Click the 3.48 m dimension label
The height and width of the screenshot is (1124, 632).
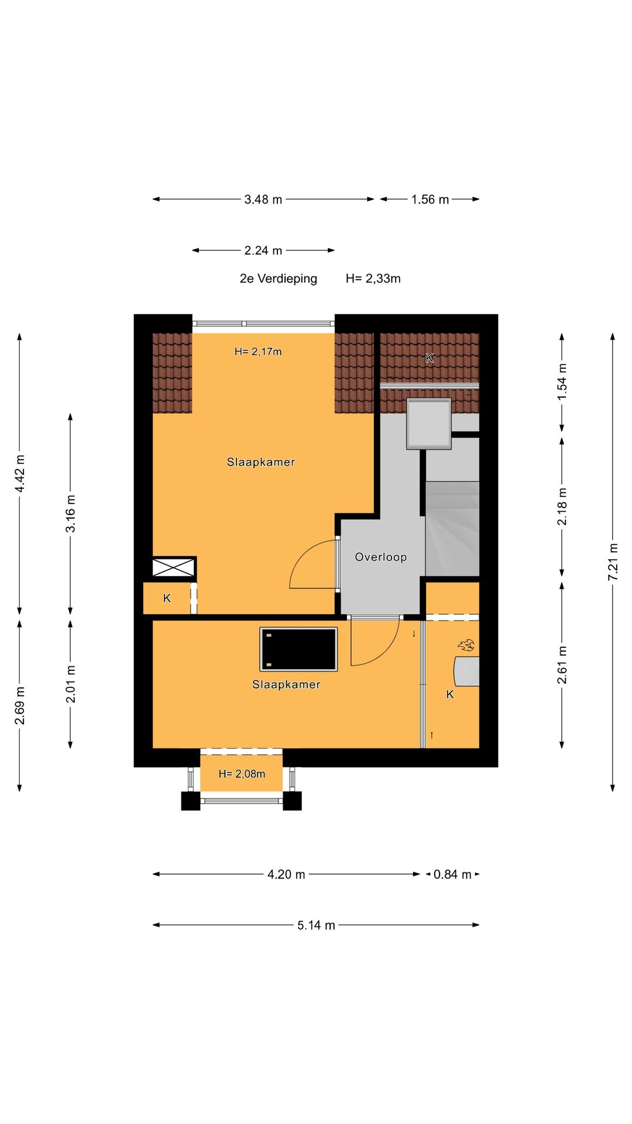pos(263,200)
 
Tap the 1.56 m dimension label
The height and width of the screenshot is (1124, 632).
pos(430,200)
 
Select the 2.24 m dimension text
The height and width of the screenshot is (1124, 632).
pos(263,251)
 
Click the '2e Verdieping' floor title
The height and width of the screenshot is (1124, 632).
pos(279,279)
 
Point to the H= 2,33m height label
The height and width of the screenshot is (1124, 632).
pos(373,279)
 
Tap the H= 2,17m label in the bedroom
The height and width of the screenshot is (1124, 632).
pos(258,352)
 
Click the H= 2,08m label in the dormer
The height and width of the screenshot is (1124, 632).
pos(242,774)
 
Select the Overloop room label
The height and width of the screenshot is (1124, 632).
pos(381,557)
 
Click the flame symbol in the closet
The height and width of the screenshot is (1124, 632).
pos(466,645)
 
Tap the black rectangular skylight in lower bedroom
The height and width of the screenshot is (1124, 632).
pos(299,649)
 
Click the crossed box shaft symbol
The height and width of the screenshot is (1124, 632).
pos(173,567)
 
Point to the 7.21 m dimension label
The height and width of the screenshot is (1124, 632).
pos(613,563)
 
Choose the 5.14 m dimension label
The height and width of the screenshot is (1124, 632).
pos(316,926)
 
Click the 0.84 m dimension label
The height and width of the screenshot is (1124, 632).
pos(452,875)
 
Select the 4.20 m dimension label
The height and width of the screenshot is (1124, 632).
pos(286,875)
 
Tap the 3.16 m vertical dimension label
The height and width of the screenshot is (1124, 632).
pos(70,513)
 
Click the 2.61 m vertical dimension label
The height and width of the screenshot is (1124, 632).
pos(562,665)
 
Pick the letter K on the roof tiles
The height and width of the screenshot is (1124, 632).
pos(430,358)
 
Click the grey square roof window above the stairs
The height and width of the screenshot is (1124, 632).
pos(429,424)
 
